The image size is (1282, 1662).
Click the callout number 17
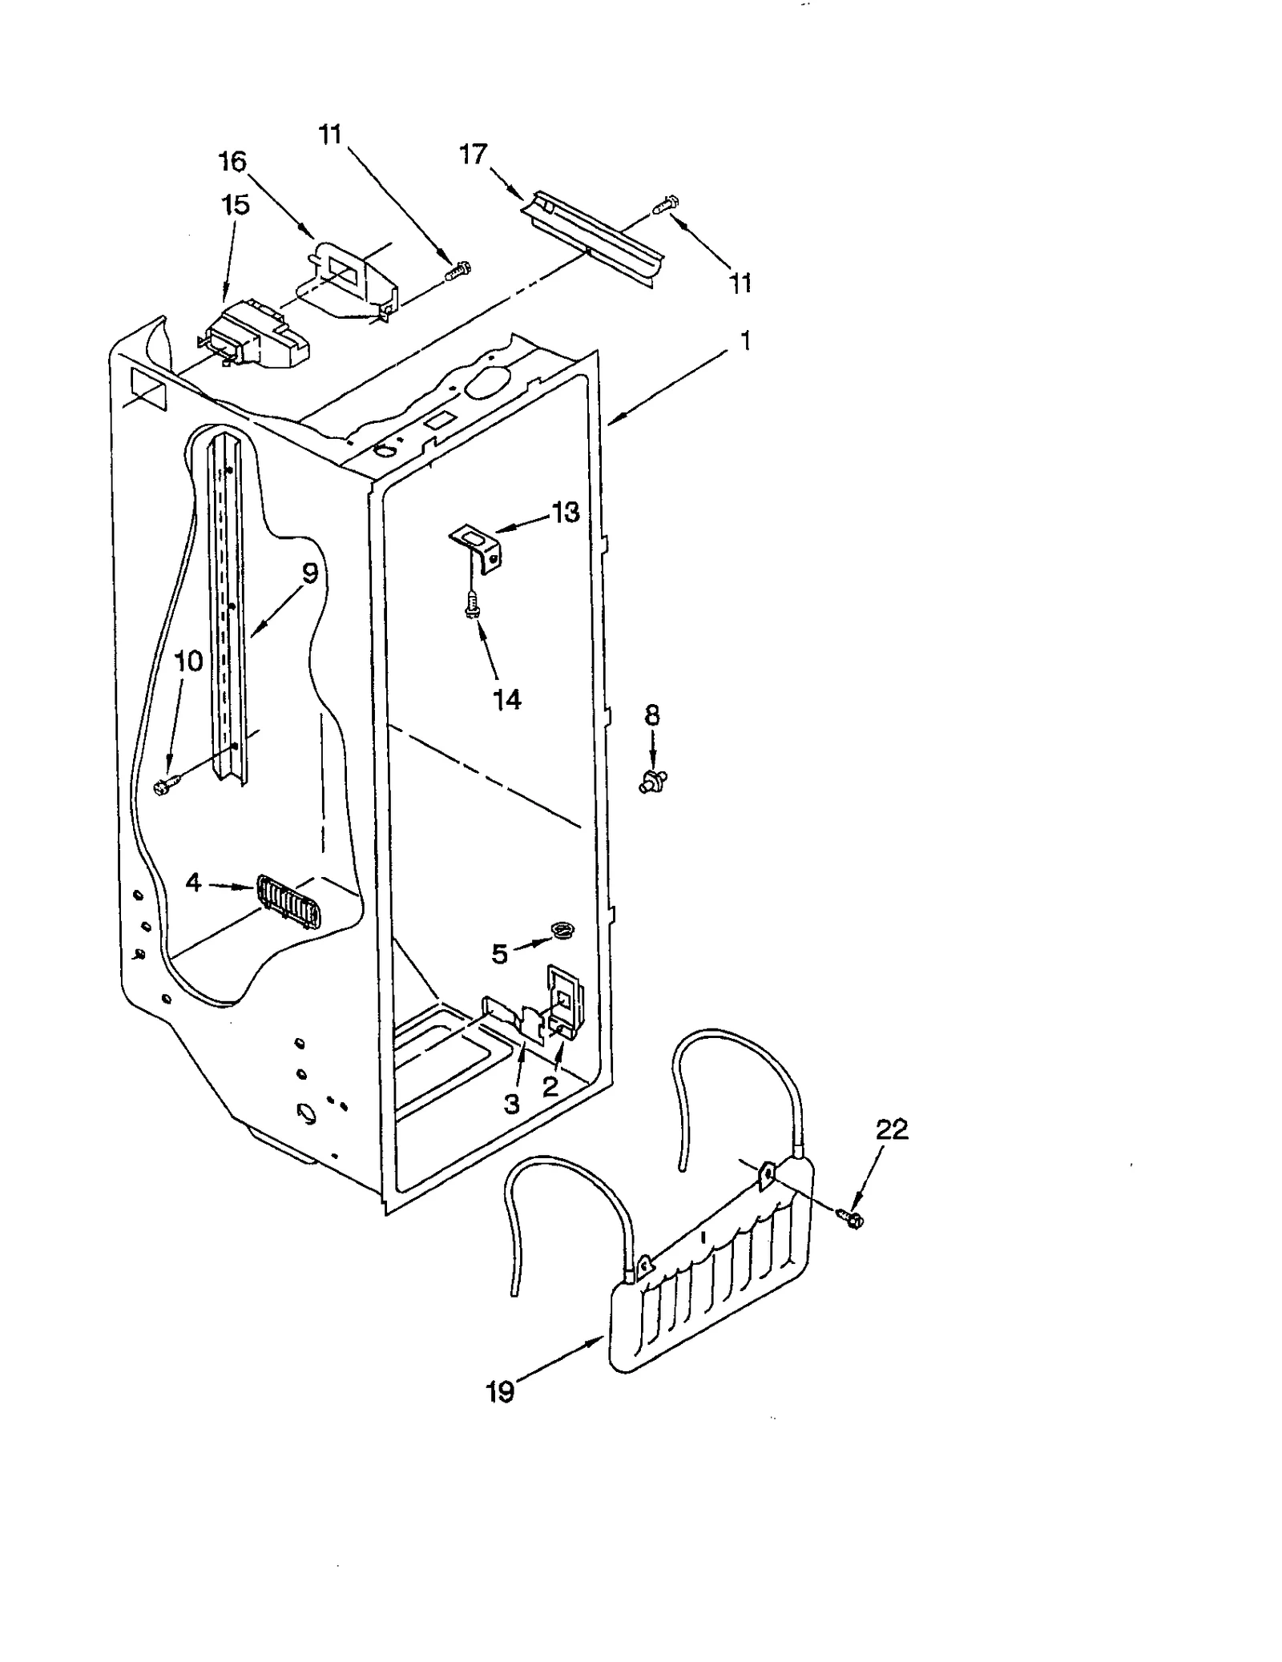(x=473, y=154)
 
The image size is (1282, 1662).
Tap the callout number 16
(x=232, y=162)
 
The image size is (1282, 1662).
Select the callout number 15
(x=235, y=205)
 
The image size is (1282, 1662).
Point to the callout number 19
(x=500, y=1393)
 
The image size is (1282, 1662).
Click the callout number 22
(x=892, y=1129)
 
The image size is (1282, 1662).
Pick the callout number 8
(x=652, y=714)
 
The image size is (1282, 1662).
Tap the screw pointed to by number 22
(x=852, y=1218)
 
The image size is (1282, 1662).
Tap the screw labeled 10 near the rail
(x=165, y=788)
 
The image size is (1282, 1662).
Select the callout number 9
(x=310, y=573)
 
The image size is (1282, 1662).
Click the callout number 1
(x=746, y=341)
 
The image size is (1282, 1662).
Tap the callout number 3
(x=512, y=1104)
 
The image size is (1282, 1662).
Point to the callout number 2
(x=550, y=1087)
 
